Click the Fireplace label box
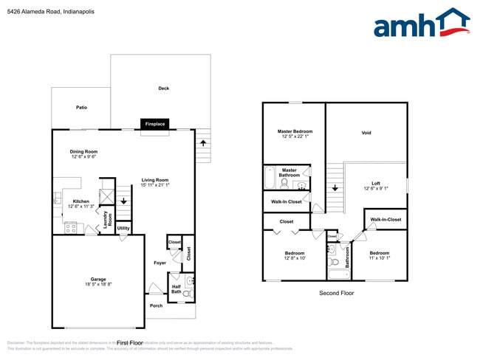coord(155,124)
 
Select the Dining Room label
coord(84,151)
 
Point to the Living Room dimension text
coord(155,185)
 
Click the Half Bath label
coord(176,290)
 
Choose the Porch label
coord(156,305)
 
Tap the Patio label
coord(81,108)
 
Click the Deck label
coord(163,89)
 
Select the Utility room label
coord(123,229)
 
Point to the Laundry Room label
coord(106,220)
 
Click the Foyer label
coord(160,262)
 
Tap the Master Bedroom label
coord(295,131)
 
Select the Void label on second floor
coord(366,134)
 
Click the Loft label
coord(376,183)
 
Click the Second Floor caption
coord(336,294)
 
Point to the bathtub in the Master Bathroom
coord(270,182)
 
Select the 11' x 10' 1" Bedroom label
coord(380,256)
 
